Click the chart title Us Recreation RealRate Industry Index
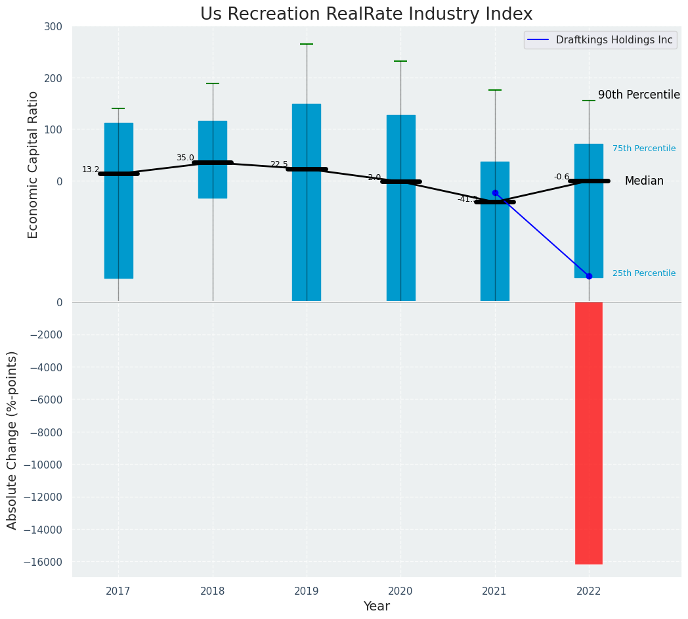pyautogui.click(x=366, y=14)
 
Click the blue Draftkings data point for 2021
pyautogui.click(x=495, y=193)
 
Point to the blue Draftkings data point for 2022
pyautogui.click(x=589, y=276)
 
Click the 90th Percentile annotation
pyautogui.click(x=639, y=95)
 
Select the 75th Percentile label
pyautogui.click(x=644, y=149)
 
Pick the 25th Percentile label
pyautogui.click(x=644, y=273)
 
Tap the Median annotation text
pyautogui.click(x=644, y=181)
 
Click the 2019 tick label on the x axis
pyautogui.click(x=307, y=591)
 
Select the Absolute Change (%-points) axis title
pyautogui.click(x=12, y=440)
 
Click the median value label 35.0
pyautogui.click(x=185, y=158)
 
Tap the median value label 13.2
pyautogui.click(x=91, y=170)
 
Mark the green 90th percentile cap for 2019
pyautogui.click(x=307, y=44)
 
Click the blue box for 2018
pyautogui.click(x=213, y=159)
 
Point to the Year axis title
pyautogui.click(x=376, y=607)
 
